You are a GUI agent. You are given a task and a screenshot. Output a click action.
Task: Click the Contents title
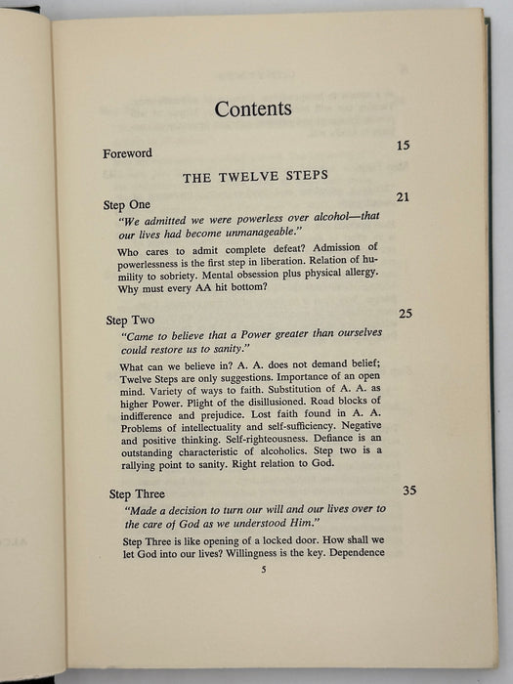click(253, 108)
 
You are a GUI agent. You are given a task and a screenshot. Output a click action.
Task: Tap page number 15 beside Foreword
click(403, 146)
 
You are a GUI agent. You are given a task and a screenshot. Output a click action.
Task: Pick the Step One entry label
click(128, 205)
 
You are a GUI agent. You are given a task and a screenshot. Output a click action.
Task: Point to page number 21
click(403, 197)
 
